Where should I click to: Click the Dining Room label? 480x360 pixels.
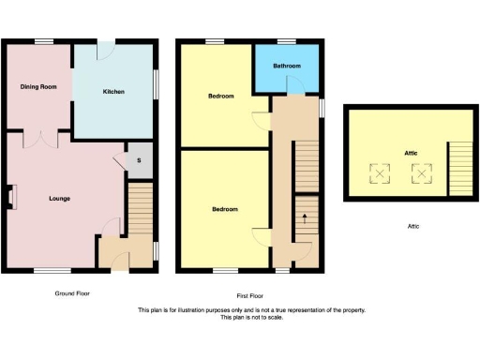(37, 87)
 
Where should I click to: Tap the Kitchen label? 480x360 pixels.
(113, 91)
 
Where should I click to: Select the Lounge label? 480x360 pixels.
(60, 198)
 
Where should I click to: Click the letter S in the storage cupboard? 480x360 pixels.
(139, 160)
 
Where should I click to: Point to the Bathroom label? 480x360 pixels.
(286, 67)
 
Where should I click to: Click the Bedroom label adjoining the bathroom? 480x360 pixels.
(220, 96)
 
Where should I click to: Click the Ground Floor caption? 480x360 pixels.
(71, 293)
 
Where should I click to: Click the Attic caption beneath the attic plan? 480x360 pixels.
(412, 226)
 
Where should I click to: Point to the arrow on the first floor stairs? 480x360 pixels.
(305, 219)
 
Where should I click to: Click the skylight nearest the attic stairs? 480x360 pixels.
(419, 172)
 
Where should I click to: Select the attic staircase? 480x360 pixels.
(460, 169)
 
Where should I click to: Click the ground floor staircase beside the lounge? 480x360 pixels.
(140, 208)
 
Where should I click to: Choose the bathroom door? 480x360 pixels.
(294, 87)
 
